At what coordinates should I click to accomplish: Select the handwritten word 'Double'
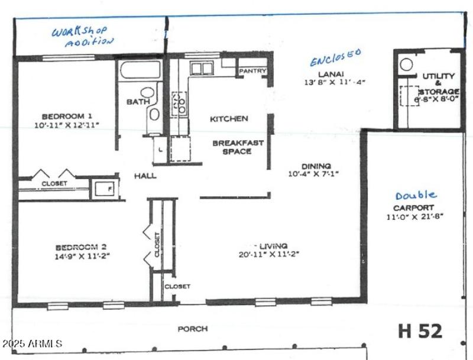pyautogui.click(x=416, y=195)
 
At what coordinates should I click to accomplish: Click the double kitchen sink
pyautogui.click(x=202, y=69)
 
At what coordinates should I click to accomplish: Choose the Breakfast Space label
pyautogui.click(x=236, y=147)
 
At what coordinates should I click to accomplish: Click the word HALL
pyautogui.click(x=145, y=176)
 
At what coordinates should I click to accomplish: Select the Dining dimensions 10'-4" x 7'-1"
pyautogui.click(x=316, y=174)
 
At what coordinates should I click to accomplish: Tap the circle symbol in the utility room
pyautogui.click(x=406, y=64)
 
